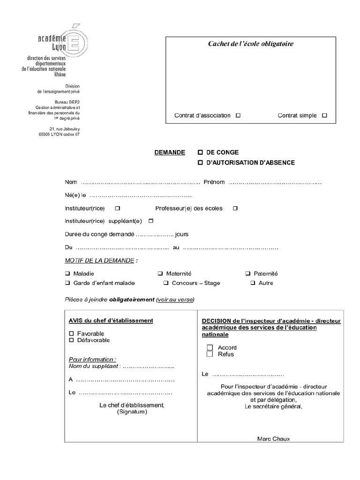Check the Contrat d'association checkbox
point(238,115)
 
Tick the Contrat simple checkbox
point(325,115)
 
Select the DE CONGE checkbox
point(200,152)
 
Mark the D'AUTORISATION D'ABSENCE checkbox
point(200,162)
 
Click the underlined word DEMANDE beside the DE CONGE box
point(170,152)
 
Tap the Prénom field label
point(214,182)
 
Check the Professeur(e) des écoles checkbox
point(235,208)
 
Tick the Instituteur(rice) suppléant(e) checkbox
point(151,221)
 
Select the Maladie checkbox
point(68,273)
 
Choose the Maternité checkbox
point(160,273)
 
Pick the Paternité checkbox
point(248,273)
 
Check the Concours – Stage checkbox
point(166,283)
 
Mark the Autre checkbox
point(253,283)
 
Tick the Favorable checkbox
point(72,333)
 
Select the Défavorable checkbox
point(72,340)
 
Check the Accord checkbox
point(210,347)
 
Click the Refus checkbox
point(210,354)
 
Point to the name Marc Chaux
point(274,439)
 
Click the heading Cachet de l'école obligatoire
point(251,44)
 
